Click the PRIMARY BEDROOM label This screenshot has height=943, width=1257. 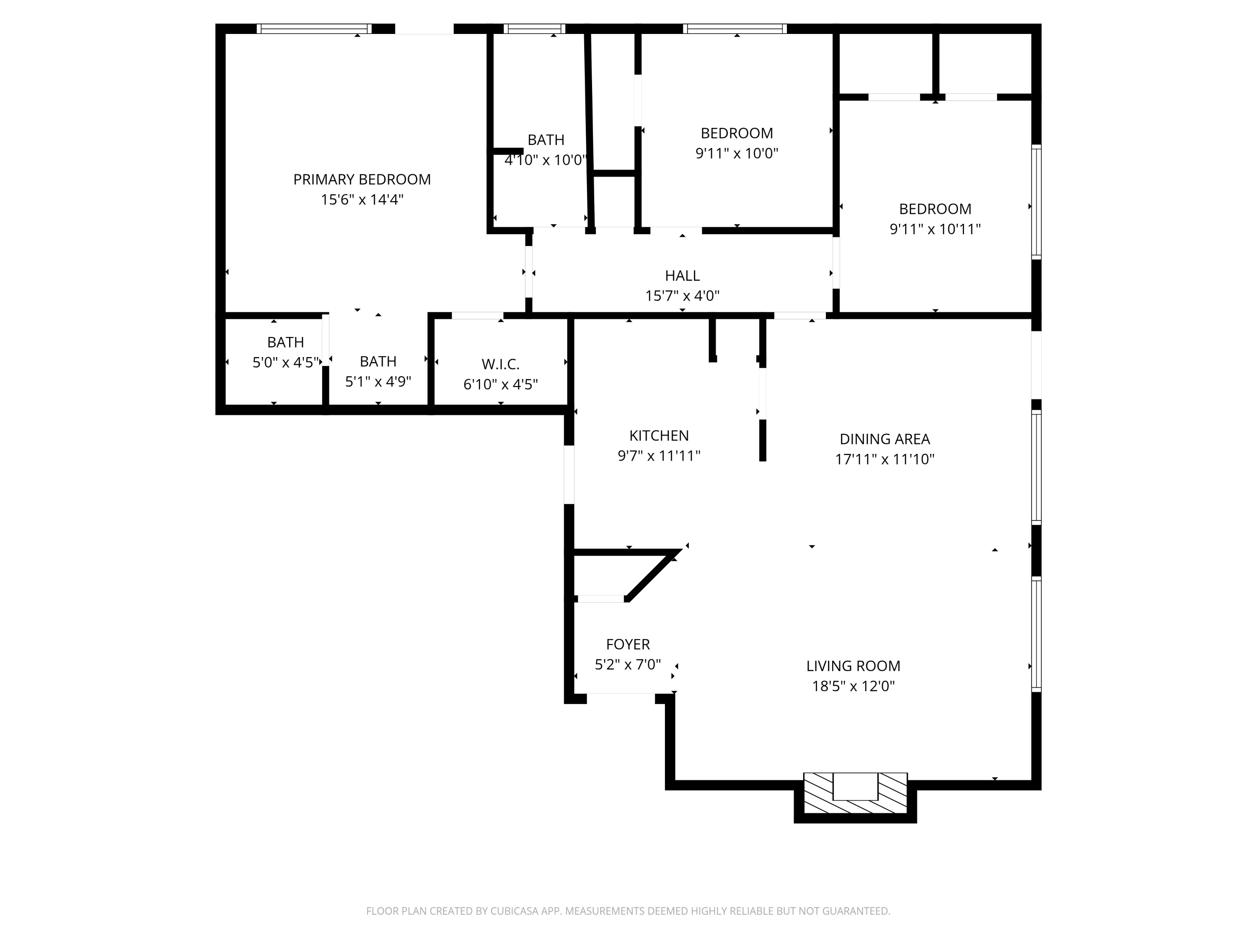tap(362, 180)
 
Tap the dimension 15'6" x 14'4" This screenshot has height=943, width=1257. tap(362, 200)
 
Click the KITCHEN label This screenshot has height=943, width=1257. tap(659, 436)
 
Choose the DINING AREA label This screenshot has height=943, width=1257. tap(884, 439)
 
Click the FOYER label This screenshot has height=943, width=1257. tap(627, 644)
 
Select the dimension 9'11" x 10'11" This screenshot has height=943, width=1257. tap(935, 229)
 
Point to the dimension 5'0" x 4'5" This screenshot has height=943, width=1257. tap(285, 363)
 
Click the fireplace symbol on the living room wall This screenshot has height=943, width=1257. tap(855, 793)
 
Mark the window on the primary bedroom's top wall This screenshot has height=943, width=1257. tap(314, 29)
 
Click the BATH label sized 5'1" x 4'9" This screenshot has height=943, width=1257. tap(378, 362)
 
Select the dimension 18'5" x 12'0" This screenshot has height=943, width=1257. tap(853, 686)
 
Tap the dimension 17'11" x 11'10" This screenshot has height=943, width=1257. tap(884, 459)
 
